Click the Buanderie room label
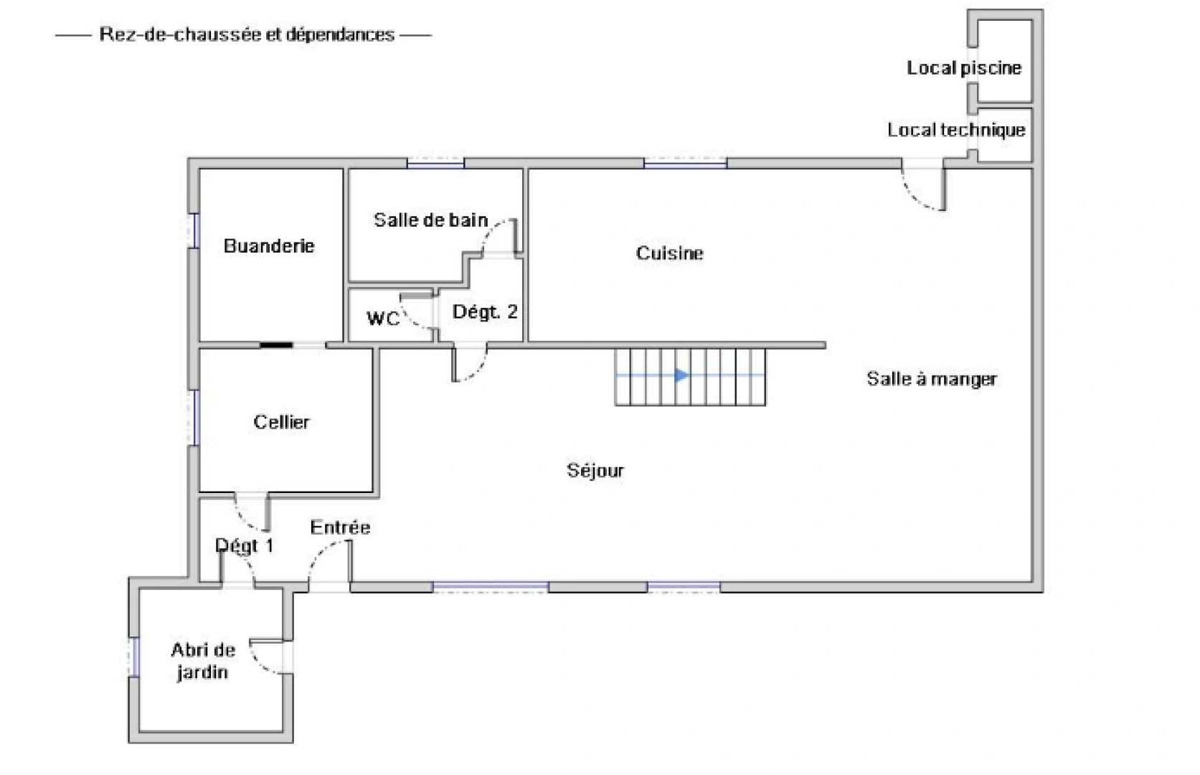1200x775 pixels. pos(269,246)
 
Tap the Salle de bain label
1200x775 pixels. pos(430,220)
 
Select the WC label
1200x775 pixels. pos(383,318)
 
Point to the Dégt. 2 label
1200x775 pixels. pos(485,312)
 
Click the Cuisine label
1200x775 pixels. pos(669,253)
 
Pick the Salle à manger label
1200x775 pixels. pos(932,379)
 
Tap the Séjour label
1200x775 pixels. pos(595,471)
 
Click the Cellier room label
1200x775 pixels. pos(281,422)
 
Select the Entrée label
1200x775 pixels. pos(340,527)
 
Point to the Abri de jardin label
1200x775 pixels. pos(203,661)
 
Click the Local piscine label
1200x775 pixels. pos(964,68)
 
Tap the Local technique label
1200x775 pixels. pos(956,130)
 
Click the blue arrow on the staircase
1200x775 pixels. pos(681,375)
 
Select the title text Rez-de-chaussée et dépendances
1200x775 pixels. pos(247,34)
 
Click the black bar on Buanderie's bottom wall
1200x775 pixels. pos(276,346)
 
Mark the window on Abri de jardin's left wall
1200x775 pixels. pos(133,657)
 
